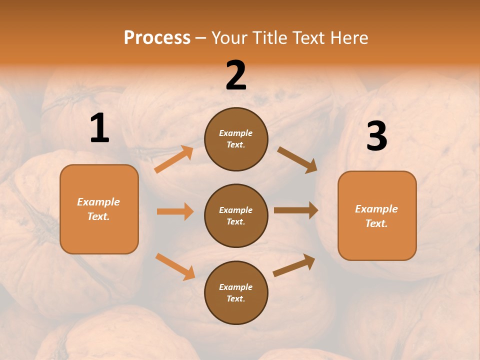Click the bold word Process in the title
pos(157,38)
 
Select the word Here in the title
pos(348,38)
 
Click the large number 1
pos(99,128)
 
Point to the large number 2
pos(236,75)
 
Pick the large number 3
pos(376,136)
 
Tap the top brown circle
pos(236,139)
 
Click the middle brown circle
pos(236,216)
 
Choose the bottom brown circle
pos(236,293)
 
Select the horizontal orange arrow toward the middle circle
pos(175,211)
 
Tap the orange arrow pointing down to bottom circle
pos(175,266)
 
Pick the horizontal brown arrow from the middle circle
pos(296,210)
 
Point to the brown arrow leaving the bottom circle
pos(294,265)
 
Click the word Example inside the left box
pos(98,202)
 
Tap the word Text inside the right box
pos(376,223)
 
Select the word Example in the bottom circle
pos(235,287)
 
